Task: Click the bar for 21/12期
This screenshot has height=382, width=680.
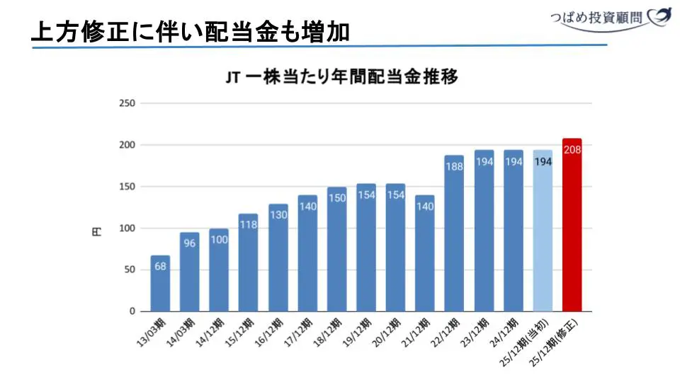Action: pos(425,255)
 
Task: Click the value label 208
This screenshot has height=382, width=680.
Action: pos(572,149)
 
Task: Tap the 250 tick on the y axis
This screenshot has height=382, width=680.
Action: pos(127,103)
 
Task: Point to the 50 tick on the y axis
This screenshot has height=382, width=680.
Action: pos(130,270)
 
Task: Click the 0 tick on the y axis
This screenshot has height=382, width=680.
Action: pos(132,311)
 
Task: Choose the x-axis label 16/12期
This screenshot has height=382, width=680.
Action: pos(268,331)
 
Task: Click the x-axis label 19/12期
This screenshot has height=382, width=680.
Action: pos(356,331)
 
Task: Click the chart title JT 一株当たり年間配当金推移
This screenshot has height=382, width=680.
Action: pos(342,77)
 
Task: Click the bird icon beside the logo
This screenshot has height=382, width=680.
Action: pos(660,16)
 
